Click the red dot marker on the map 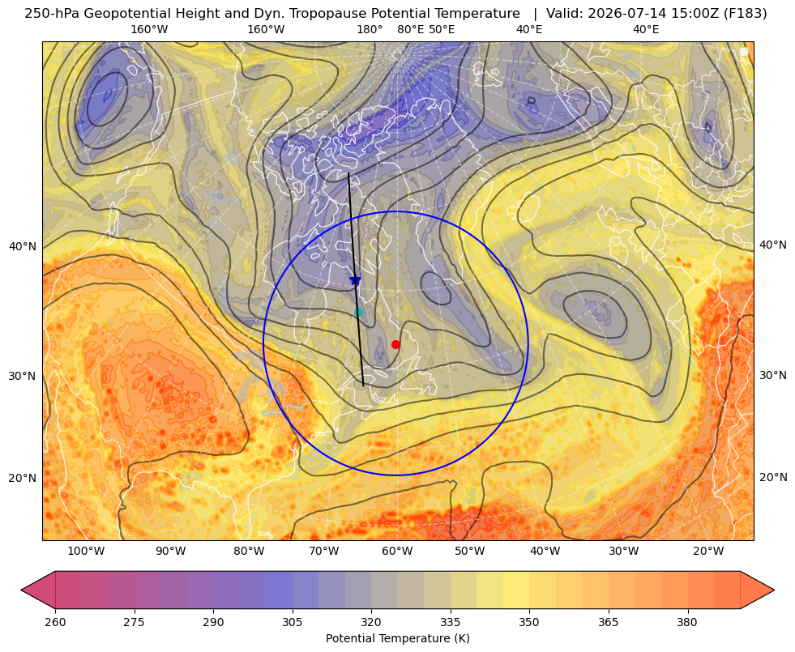point(395,344)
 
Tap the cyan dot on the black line point(358,312)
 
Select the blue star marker point(355,279)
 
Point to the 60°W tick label point(397,551)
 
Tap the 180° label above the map point(370,29)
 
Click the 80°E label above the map point(410,29)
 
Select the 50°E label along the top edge point(442,29)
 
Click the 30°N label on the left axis point(23,376)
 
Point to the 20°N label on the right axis point(773,477)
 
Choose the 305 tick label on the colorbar point(292,622)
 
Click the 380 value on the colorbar point(687,622)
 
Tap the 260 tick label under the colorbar point(55,622)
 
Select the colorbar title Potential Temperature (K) point(397,638)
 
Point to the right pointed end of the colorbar point(773,590)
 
